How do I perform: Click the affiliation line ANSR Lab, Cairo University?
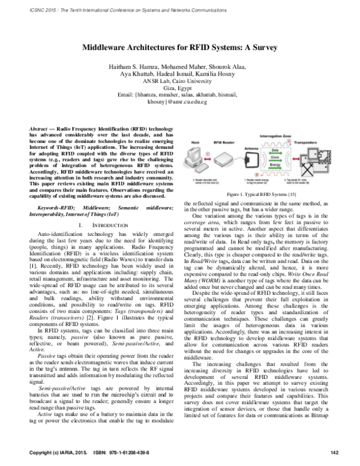[180, 82]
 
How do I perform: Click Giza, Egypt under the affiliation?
[180, 88]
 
